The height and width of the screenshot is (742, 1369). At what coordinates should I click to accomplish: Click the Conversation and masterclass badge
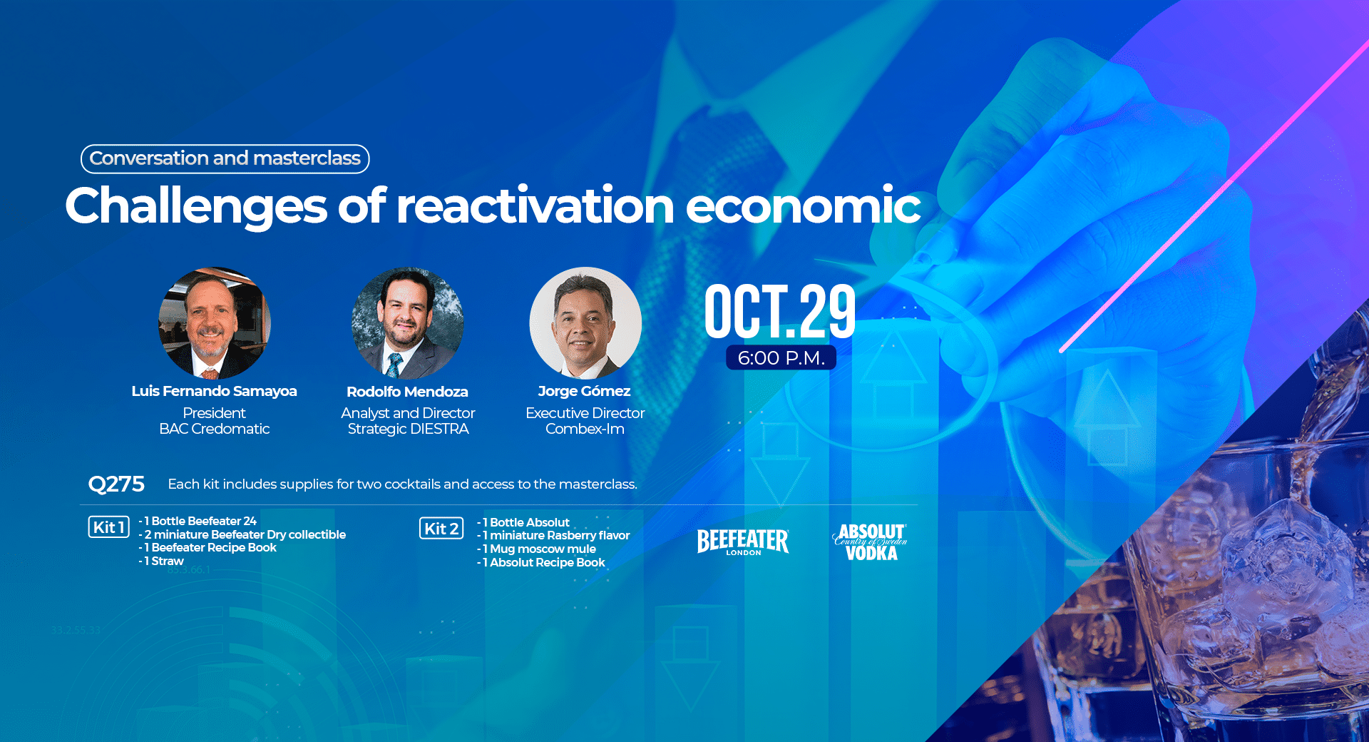coord(225,158)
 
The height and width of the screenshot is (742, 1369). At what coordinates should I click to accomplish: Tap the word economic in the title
coord(804,205)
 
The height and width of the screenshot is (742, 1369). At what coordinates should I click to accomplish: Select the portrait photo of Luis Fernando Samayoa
coord(215,322)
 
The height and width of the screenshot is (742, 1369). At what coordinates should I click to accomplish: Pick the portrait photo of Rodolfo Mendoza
coord(408,322)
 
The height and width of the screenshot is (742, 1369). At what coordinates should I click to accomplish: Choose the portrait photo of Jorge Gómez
coord(585,322)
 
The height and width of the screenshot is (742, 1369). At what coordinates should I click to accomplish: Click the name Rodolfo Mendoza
coord(407,392)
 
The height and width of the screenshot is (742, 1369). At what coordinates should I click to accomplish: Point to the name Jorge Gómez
coord(585,391)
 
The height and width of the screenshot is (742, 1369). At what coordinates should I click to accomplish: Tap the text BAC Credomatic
coord(215,429)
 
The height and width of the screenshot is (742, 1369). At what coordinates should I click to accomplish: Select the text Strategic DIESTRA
coord(409,429)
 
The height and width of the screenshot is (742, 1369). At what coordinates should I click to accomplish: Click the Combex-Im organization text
coord(585,429)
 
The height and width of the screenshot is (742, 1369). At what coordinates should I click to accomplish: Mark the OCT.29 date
coord(780,311)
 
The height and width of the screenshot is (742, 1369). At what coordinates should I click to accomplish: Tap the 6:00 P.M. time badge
coord(781,357)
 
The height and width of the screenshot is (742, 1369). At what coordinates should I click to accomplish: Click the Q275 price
coord(116,484)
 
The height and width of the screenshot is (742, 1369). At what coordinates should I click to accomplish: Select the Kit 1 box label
coord(109,527)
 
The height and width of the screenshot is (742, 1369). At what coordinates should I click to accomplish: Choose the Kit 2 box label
coord(441,529)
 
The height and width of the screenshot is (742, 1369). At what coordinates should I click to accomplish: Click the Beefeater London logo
coord(743,542)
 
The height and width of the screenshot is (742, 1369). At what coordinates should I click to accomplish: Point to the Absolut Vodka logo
coord(870,542)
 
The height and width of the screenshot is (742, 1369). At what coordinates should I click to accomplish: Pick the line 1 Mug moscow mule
coord(536,549)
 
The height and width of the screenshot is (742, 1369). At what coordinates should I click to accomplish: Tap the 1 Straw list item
coord(161,561)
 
